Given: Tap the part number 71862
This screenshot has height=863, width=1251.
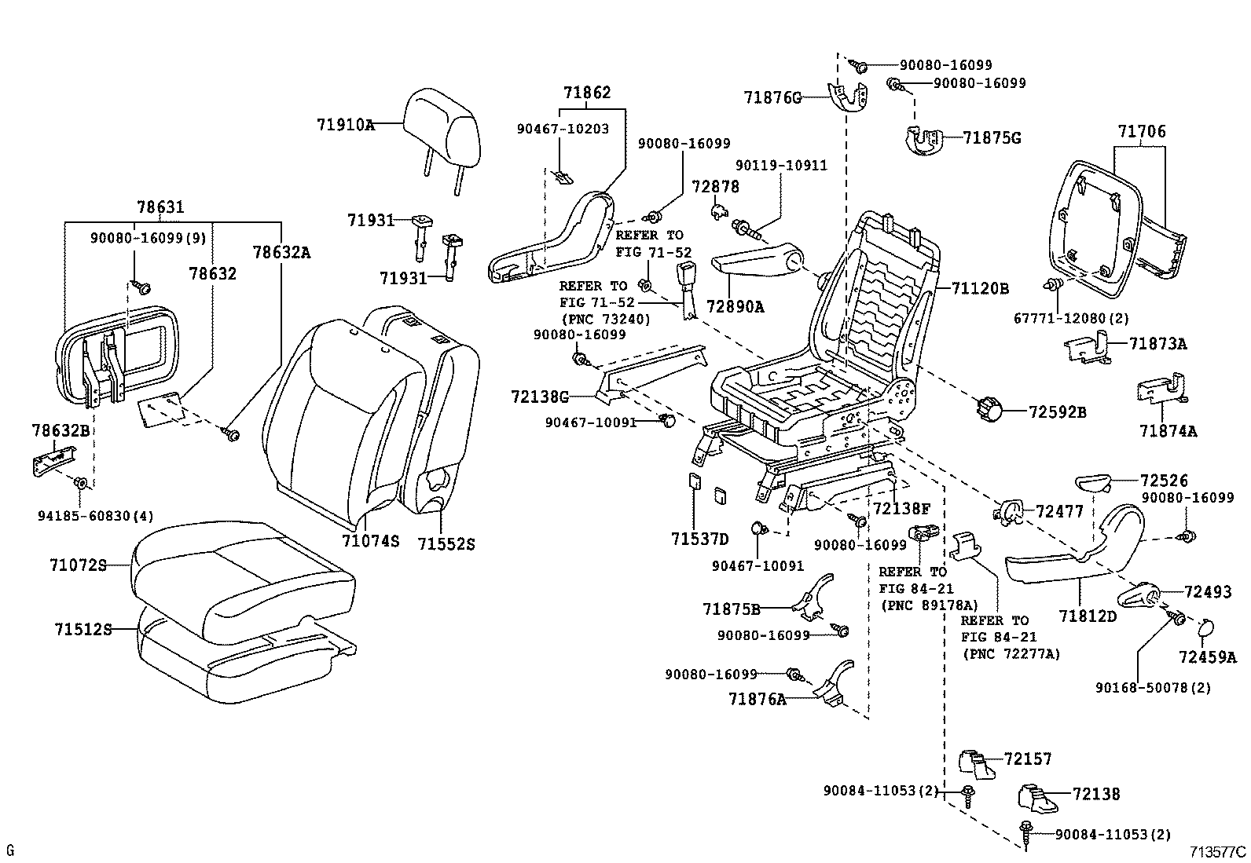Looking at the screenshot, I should [586, 93].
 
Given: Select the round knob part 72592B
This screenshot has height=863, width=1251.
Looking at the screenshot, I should [990, 409].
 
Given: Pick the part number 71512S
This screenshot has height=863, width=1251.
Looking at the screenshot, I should [82, 629].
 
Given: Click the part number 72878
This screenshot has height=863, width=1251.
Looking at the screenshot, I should [715, 187].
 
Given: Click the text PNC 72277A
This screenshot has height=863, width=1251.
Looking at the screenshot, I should [1010, 654].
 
